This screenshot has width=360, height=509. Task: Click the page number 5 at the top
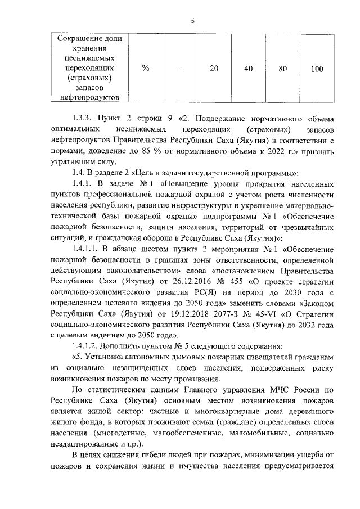pos(192,21)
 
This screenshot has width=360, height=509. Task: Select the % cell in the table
pos(145,69)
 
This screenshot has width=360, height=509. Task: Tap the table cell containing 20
pos(214,69)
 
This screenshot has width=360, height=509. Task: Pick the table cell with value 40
pos(248,69)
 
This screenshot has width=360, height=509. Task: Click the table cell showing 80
pos(283,69)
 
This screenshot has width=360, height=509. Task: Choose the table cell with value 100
pos(317,69)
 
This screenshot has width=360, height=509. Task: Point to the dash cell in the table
pos(179,69)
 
